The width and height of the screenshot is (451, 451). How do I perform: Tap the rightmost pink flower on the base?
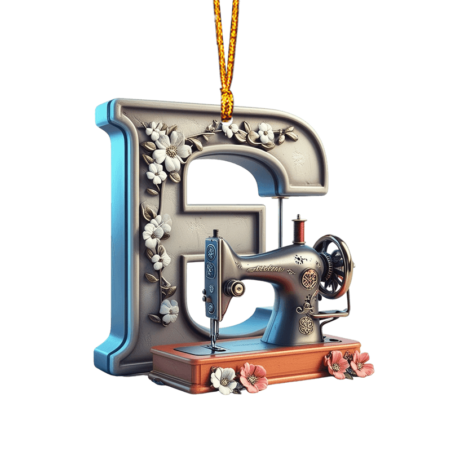pos(361,364)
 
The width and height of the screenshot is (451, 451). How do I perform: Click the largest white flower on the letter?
pos(171,149)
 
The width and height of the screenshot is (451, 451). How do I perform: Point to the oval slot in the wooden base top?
pos(338,341)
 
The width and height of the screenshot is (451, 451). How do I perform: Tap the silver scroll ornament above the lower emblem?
pos(307,304)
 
